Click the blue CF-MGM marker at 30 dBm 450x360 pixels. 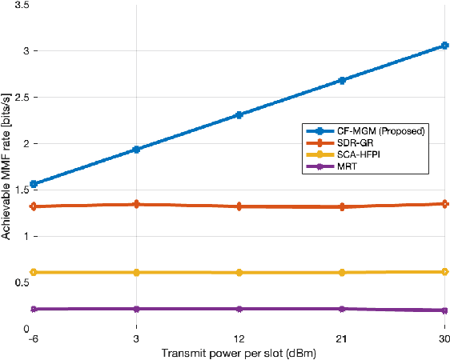[x=445, y=46]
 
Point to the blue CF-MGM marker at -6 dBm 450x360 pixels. [x=34, y=184]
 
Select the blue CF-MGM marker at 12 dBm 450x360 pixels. [x=239, y=115]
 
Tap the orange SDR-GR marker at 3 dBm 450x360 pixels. [x=136, y=205]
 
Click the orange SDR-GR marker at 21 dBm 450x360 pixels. [x=342, y=206]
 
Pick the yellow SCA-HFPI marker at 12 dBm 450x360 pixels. [x=239, y=273]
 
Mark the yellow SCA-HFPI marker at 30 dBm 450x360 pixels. [x=445, y=272]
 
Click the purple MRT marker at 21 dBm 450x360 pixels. [x=342, y=309]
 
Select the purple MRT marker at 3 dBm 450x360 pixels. [x=136, y=309]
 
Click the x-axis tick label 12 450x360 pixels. [x=239, y=339]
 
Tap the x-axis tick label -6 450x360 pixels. [x=34, y=339]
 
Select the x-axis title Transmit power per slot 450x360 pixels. [x=239, y=353]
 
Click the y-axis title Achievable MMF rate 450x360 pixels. [x=6, y=166]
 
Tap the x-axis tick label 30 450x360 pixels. [x=444, y=339]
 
